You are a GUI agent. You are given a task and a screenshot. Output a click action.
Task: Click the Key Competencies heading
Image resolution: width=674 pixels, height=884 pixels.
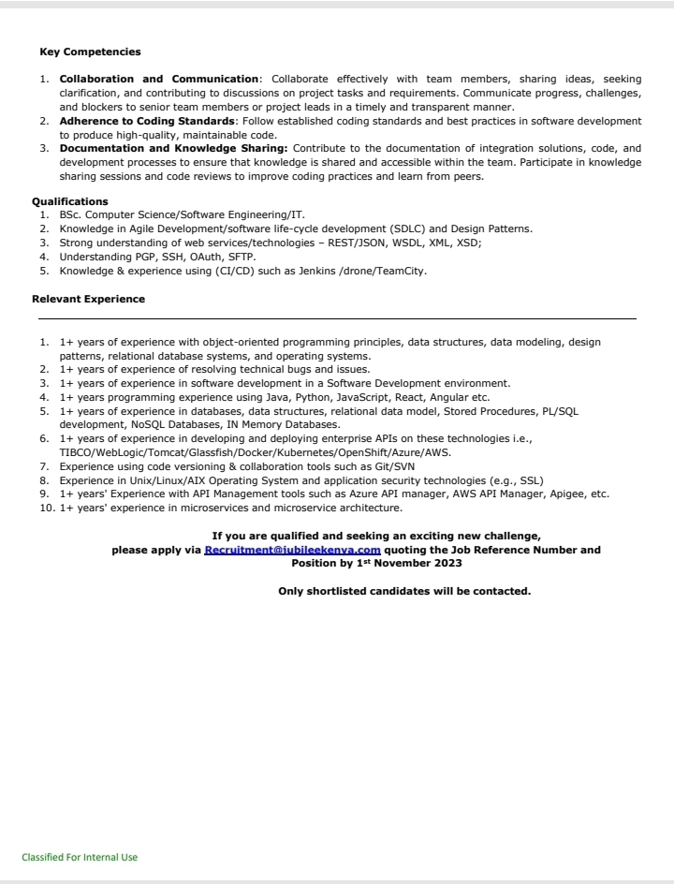click(x=90, y=52)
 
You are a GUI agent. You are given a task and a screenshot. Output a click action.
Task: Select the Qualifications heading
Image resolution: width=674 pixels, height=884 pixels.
click(x=70, y=201)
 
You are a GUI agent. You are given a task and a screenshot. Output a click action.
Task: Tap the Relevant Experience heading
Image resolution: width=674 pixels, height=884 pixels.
click(x=88, y=299)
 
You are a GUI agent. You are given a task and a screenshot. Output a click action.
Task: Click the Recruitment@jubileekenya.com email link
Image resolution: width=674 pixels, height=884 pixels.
click(x=292, y=550)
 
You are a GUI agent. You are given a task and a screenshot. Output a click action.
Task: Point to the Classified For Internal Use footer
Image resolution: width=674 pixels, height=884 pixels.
click(x=80, y=857)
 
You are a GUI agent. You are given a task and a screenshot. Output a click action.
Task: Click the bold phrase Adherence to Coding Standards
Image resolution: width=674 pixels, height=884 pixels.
click(x=147, y=122)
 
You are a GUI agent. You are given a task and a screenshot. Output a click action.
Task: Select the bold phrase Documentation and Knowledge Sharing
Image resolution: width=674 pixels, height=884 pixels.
click(x=174, y=148)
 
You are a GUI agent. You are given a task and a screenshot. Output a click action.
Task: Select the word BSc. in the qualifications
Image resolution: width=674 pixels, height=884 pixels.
click(x=70, y=214)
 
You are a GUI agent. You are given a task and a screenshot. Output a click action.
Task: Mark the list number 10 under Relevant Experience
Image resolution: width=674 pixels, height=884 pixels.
click(x=45, y=508)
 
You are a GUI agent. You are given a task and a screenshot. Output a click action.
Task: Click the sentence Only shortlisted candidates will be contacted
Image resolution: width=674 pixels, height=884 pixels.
click(x=404, y=591)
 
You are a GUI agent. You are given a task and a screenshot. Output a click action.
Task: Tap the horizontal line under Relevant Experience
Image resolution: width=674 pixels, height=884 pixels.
click(x=337, y=319)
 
